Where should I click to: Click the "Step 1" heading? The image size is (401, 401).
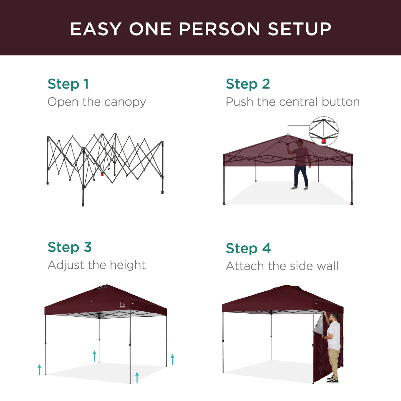click(x=68, y=84)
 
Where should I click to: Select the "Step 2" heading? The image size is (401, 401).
click(x=248, y=84)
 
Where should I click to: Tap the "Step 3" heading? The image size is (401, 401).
click(x=69, y=247)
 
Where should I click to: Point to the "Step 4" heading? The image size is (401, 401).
click(x=248, y=248)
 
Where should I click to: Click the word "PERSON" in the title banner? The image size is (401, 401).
click(x=219, y=29)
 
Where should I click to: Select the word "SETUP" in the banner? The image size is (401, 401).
click(x=299, y=29)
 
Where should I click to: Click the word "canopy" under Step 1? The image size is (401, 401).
click(x=125, y=102)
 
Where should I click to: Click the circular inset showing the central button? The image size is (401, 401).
click(x=324, y=131)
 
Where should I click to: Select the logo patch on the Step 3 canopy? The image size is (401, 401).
click(x=122, y=305)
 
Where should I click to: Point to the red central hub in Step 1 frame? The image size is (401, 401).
click(x=102, y=175)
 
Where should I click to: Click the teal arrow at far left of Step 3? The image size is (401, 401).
click(x=39, y=370)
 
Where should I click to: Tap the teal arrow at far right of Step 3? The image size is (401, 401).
click(x=172, y=359)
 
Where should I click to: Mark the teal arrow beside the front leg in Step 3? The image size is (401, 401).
click(x=137, y=377)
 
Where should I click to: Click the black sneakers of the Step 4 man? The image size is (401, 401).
click(x=332, y=379)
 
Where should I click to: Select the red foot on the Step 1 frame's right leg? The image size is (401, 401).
click(x=162, y=192)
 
